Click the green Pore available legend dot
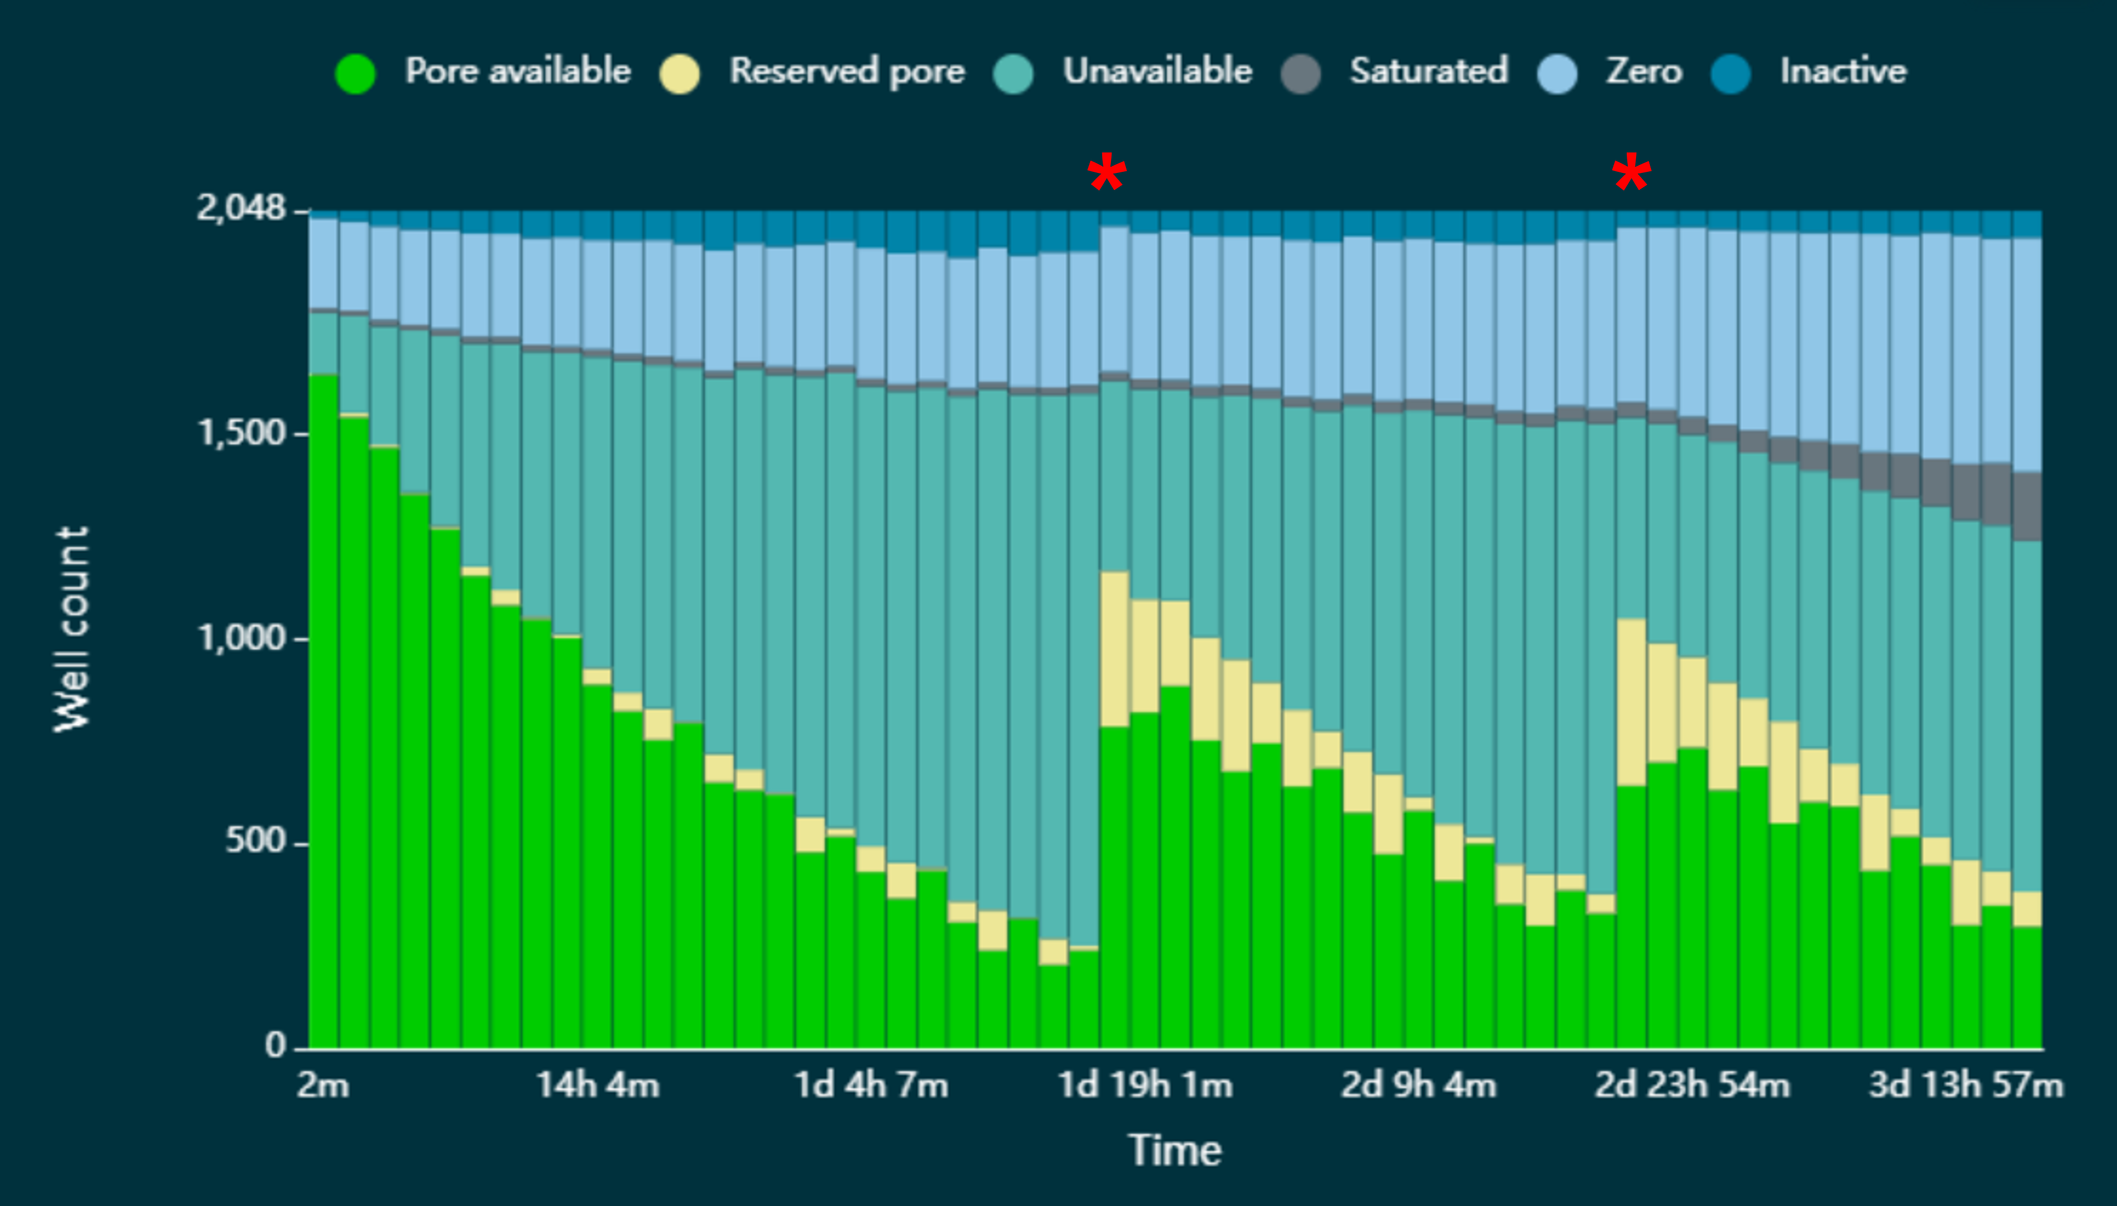click(355, 73)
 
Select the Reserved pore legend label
click(847, 71)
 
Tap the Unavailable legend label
click(1157, 71)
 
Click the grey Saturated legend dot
click(1300, 73)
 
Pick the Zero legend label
click(1644, 71)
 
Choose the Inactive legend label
click(1843, 71)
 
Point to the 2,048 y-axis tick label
click(240, 208)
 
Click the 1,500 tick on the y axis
click(241, 433)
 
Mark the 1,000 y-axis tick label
click(241, 638)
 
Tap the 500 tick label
click(255, 841)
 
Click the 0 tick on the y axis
click(275, 1045)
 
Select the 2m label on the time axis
click(323, 1085)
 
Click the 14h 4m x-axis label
click(598, 1085)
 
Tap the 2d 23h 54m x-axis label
click(1692, 1085)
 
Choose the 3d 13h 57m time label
click(1966, 1085)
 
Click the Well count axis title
click(71, 629)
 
